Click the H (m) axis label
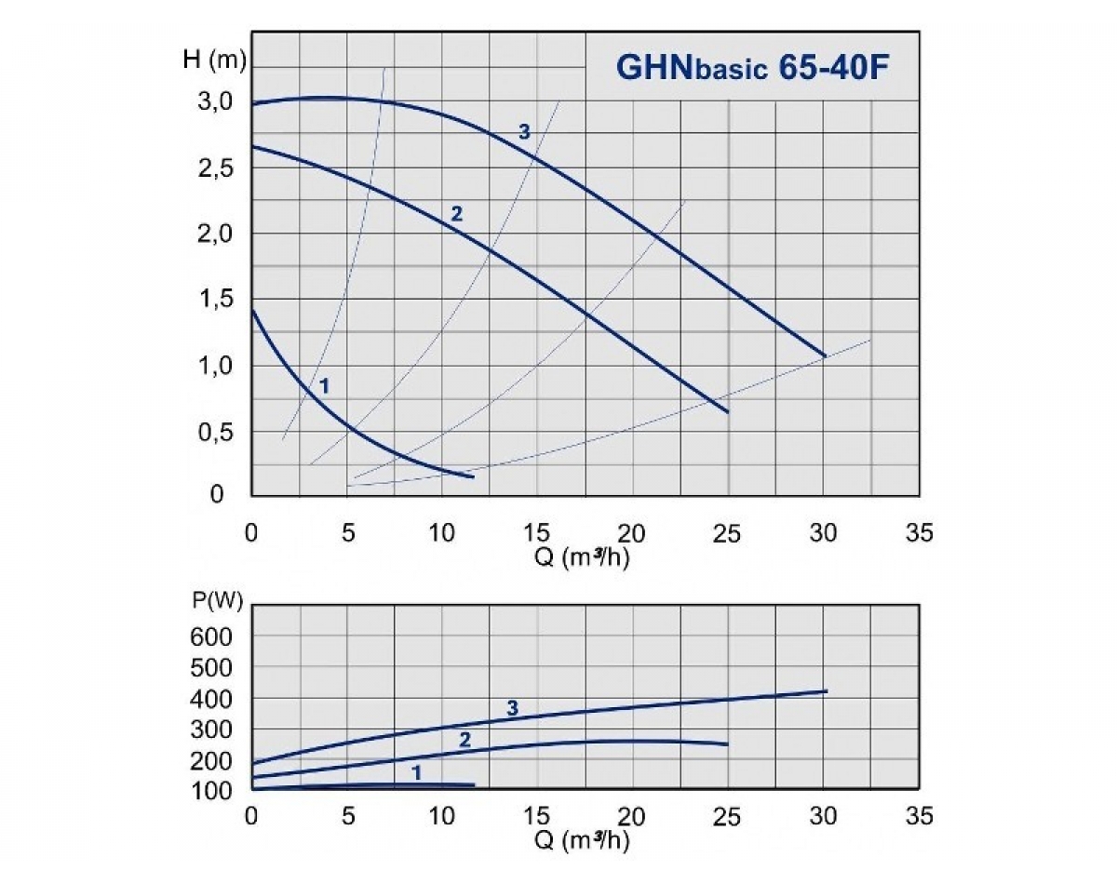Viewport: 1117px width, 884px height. (x=213, y=62)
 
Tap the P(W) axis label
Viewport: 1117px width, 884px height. (x=218, y=600)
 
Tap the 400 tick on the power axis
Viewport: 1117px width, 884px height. (x=216, y=698)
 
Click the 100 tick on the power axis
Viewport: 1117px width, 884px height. (x=216, y=790)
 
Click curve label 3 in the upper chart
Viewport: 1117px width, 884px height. (x=524, y=132)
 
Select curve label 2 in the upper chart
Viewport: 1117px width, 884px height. (x=456, y=214)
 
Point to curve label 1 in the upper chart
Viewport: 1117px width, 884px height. (x=325, y=383)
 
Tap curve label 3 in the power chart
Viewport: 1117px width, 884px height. (x=512, y=709)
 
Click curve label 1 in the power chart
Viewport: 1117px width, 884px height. (x=417, y=772)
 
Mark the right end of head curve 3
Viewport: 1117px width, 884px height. (x=826, y=355)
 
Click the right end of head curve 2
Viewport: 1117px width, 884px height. (x=728, y=411)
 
